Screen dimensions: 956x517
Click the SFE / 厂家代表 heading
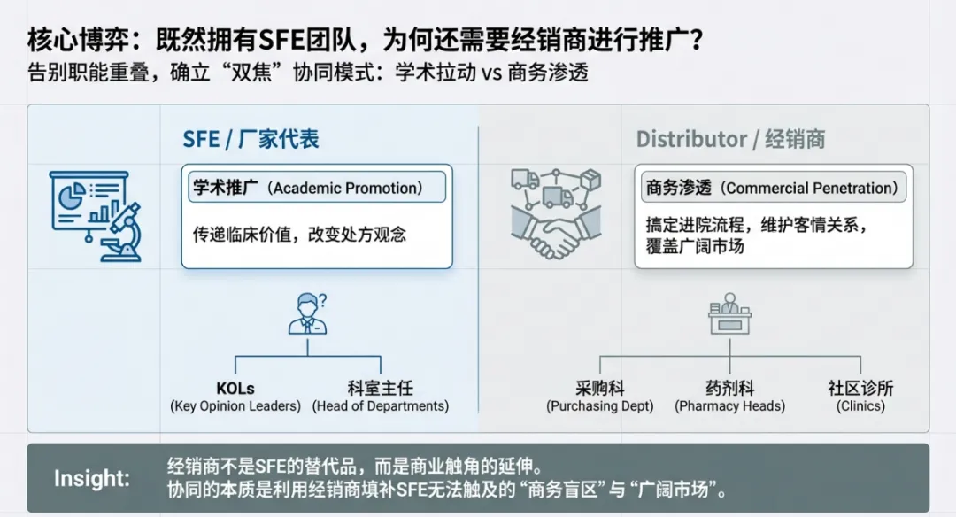coord(251,139)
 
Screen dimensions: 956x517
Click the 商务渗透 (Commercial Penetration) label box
coord(772,188)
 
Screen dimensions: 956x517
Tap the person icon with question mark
coord(307,314)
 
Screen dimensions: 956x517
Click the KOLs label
coord(235,388)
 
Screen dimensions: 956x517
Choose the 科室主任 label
coord(381,388)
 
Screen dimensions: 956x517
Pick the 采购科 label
coord(600,388)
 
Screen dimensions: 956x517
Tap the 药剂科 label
coord(729,388)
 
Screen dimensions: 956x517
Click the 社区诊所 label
coord(860,388)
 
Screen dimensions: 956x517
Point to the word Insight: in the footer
coord(92,479)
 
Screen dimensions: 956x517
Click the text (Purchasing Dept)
coord(600,406)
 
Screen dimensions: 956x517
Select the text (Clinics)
coord(860,406)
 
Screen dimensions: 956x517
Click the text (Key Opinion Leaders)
coord(235,406)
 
